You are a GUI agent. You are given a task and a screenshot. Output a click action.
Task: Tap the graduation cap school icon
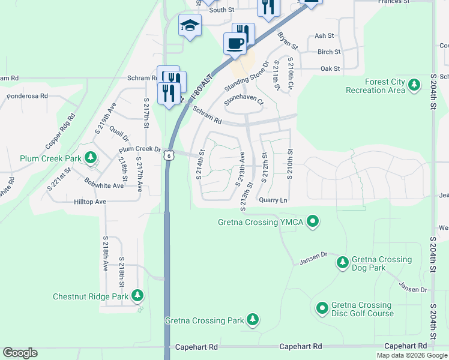pyautogui.click(x=190, y=25)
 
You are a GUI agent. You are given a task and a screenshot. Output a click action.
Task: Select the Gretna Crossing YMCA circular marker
pyautogui.click(x=312, y=223)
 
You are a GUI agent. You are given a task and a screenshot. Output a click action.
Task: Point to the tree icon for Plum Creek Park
pyautogui.click(x=91, y=158)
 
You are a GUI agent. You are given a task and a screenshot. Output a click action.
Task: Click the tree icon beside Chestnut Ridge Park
pyautogui.click(x=137, y=296)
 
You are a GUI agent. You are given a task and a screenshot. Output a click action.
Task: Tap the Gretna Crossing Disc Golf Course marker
pyautogui.click(x=322, y=308)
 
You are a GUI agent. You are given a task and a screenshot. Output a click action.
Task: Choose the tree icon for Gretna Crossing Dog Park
pyautogui.click(x=342, y=262)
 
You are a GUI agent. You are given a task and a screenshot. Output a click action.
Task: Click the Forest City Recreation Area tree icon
pyautogui.click(x=414, y=86)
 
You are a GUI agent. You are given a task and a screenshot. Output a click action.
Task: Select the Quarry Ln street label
pyautogui.click(x=274, y=200)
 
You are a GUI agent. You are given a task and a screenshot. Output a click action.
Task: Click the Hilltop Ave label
pyautogui.click(x=91, y=202)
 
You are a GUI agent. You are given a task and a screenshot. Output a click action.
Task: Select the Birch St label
pyautogui.click(x=328, y=52)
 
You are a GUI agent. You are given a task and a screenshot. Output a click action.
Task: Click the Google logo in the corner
pyautogui.click(x=20, y=353)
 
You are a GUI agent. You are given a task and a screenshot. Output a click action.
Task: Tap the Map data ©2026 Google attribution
pyautogui.click(x=412, y=355)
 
